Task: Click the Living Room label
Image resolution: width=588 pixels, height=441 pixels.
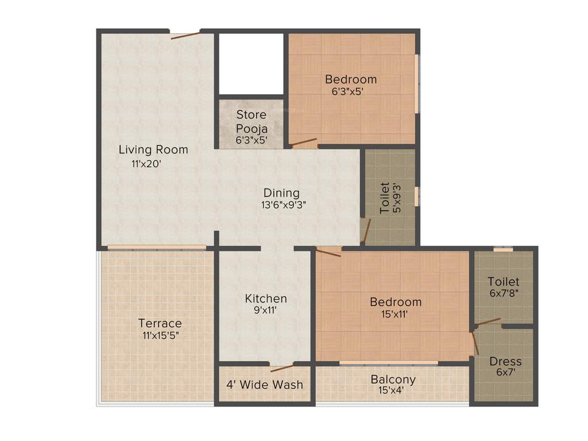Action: [x=153, y=150]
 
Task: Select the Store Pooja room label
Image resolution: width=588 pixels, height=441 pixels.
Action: [x=252, y=121]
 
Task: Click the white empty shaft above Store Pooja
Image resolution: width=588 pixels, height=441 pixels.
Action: [x=252, y=63]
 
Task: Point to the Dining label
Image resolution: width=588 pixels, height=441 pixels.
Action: [x=281, y=193]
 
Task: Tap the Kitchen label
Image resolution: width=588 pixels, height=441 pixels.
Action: [x=266, y=299]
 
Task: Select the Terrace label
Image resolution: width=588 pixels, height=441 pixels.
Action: [x=160, y=323]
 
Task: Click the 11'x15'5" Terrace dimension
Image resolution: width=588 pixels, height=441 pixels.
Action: [x=161, y=335]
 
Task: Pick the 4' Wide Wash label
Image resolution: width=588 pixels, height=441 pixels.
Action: [x=264, y=384]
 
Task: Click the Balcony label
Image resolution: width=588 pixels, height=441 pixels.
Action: [x=393, y=380]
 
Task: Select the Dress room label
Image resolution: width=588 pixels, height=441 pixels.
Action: [x=505, y=362]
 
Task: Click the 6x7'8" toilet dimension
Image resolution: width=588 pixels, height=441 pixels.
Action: [x=504, y=293]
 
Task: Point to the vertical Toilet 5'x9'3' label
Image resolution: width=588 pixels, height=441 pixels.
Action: [x=391, y=198]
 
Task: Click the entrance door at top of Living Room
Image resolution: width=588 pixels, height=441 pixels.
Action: [x=185, y=35]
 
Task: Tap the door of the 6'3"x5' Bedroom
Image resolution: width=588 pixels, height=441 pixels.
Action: [x=303, y=142]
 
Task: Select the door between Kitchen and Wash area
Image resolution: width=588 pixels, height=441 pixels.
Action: [x=282, y=367]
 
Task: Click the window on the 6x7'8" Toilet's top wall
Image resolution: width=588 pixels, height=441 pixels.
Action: [x=503, y=249]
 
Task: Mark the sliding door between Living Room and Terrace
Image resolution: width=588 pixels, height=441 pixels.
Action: [x=156, y=248]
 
